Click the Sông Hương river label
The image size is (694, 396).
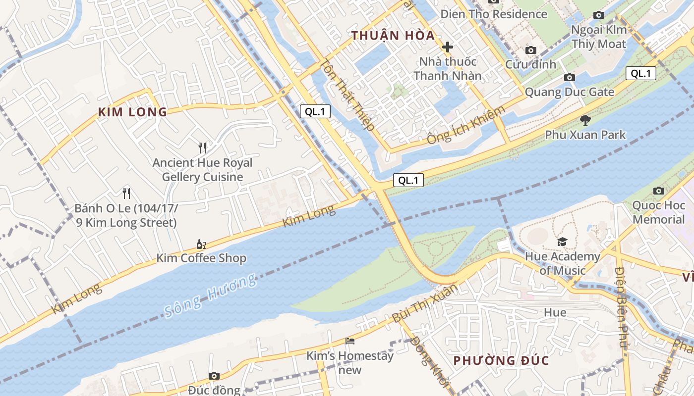211,295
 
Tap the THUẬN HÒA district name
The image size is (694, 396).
393,36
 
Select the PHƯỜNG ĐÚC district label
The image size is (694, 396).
501,360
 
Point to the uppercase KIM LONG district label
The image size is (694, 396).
132,112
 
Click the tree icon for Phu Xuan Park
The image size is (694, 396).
585,120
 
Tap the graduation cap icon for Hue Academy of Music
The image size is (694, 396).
562,242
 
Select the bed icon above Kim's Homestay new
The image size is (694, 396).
350,341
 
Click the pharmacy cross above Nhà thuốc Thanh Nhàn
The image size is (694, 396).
448,47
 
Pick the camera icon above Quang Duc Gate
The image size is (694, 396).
570,77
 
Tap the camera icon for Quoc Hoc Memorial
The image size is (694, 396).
659,191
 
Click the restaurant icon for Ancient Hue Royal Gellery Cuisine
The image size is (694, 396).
202,148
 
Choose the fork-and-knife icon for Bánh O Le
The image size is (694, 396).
126,193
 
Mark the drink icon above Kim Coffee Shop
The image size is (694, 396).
201,244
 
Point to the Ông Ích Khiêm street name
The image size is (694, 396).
466,125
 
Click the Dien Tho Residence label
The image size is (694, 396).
494,14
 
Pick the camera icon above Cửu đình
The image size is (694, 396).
531,50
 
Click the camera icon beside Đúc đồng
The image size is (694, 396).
214,376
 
